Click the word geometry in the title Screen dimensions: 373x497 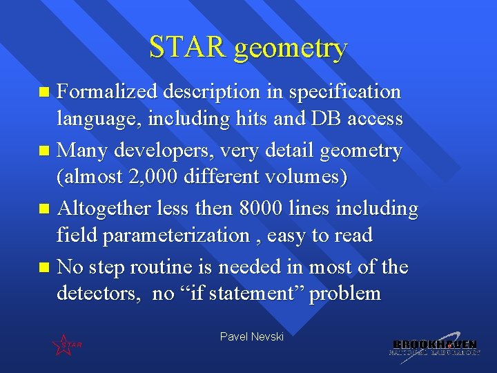tap(290, 49)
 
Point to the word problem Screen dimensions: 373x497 tap(345, 294)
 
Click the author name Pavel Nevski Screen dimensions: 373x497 tap(251, 336)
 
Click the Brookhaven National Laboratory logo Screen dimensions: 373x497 tap(435, 347)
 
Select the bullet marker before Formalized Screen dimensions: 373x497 tap(45, 91)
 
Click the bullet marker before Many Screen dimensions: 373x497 tap(45, 151)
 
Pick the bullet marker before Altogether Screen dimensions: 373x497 tap(45, 209)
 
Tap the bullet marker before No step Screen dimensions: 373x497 tap(45, 267)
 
